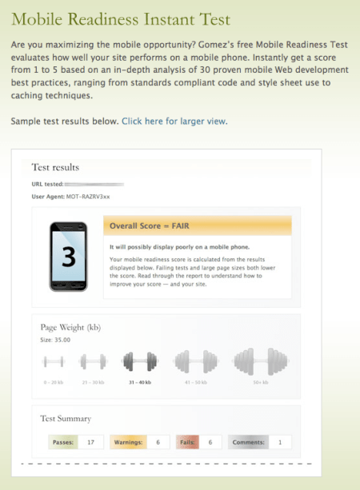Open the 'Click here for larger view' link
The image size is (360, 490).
click(174, 122)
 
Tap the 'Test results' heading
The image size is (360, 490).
click(55, 168)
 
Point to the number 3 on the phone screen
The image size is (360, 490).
click(70, 258)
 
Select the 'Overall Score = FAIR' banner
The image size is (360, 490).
click(198, 225)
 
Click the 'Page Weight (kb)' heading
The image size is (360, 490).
click(70, 327)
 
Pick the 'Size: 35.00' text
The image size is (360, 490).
click(56, 339)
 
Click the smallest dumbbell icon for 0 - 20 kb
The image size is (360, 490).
click(54, 362)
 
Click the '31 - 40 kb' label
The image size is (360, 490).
click(138, 383)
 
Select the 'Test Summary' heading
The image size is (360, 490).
click(66, 418)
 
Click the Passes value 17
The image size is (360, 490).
click(91, 442)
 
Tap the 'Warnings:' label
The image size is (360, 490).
click(128, 442)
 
